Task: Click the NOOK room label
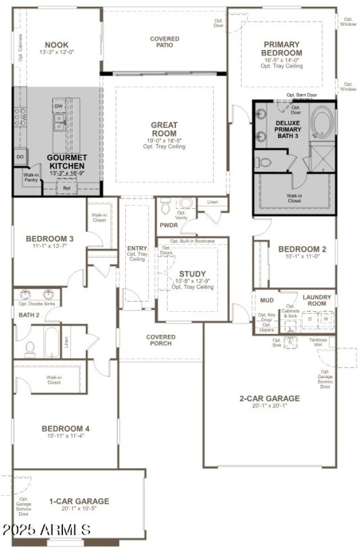point(57,45)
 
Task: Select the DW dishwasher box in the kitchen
point(58,106)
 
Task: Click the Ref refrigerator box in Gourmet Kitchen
point(67,188)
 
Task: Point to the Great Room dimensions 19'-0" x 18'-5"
point(164,140)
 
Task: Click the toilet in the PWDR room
point(165,206)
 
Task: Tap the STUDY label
point(192,274)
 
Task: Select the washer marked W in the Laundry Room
point(326,319)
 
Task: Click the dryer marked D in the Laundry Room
point(309,319)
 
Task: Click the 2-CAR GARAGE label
point(270,398)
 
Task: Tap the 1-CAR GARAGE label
point(79,501)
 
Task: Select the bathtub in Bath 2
point(51,342)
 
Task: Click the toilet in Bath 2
point(30,349)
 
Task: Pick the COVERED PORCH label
point(161,340)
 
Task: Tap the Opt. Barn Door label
point(301,95)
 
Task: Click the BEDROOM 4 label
point(63,429)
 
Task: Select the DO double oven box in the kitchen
point(20,157)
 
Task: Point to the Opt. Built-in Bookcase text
point(192,241)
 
